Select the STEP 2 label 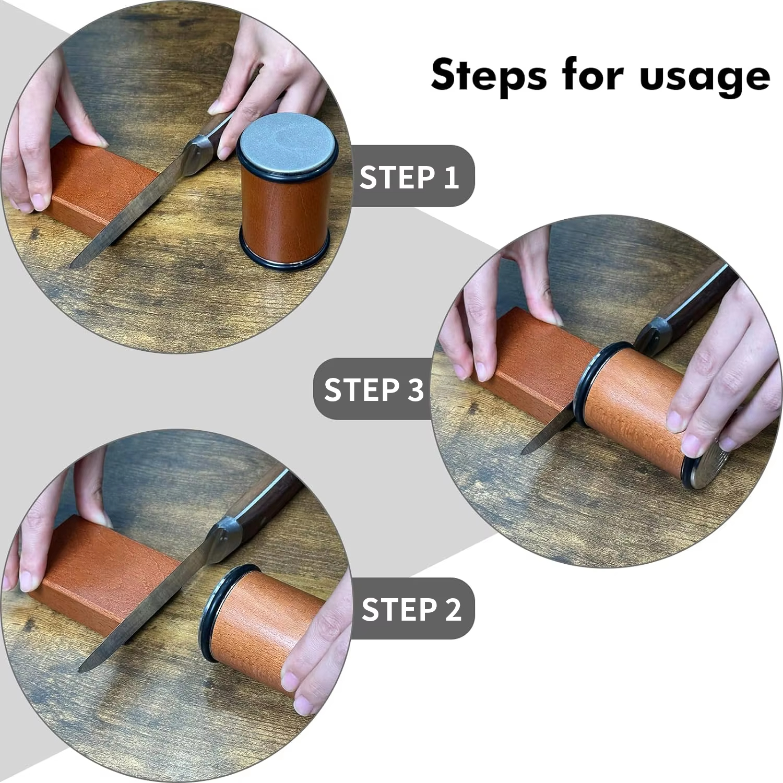[411, 609]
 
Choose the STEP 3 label [373, 389]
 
